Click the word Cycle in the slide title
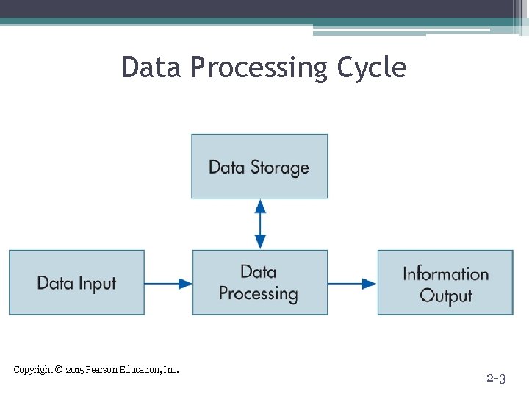point(371,68)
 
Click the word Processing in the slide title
point(260,68)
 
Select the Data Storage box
point(259,166)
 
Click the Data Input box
point(76,283)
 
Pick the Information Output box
point(445,283)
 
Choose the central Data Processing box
point(259,283)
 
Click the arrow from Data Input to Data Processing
point(168,283)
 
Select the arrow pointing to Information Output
point(352,283)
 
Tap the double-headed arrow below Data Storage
point(260,224)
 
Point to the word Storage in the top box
point(280,168)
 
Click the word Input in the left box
point(98,284)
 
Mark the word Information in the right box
point(445,274)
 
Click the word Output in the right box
point(445,296)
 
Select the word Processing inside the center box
point(259,294)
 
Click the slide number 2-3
point(496,379)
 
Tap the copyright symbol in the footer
point(59,369)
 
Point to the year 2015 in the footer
point(74,370)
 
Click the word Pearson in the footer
point(102,370)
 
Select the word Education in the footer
point(140,370)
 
